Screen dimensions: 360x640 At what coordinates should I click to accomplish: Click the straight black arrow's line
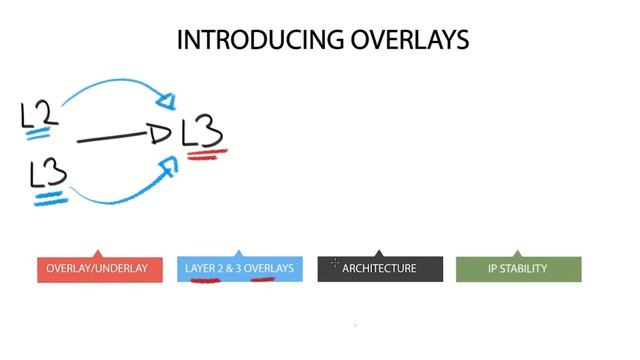(x=112, y=137)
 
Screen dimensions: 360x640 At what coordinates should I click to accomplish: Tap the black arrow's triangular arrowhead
(x=160, y=133)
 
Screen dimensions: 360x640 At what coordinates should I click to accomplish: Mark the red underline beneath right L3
(x=206, y=154)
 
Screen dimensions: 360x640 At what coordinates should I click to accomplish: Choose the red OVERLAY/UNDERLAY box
(x=97, y=268)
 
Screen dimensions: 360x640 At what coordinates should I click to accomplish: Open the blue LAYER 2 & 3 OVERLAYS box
(x=239, y=268)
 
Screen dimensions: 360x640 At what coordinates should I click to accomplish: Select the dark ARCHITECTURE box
(x=379, y=268)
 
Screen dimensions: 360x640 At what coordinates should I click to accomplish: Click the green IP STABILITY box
(x=517, y=268)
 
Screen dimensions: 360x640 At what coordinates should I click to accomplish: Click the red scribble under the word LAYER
(x=205, y=280)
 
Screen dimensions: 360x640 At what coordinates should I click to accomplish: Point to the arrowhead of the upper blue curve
(x=167, y=99)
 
